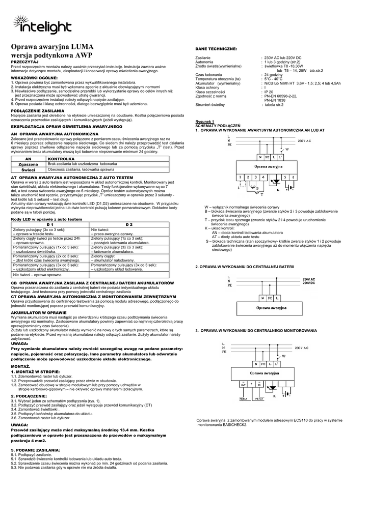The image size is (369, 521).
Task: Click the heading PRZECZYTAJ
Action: (x=24, y=61)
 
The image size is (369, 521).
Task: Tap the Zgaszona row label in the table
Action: (x=29, y=164)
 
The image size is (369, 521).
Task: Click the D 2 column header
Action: (x=129, y=224)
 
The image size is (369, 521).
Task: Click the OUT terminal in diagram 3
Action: (x=244, y=384)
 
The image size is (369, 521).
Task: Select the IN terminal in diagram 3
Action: (x=259, y=385)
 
